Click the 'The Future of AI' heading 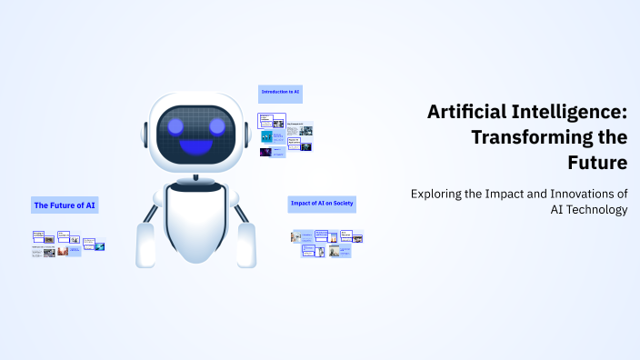click(x=65, y=205)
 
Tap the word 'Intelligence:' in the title click(x=567, y=113)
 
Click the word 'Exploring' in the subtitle click(x=440, y=194)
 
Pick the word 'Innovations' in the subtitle click(x=575, y=194)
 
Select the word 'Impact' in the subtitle click(x=506, y=194)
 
